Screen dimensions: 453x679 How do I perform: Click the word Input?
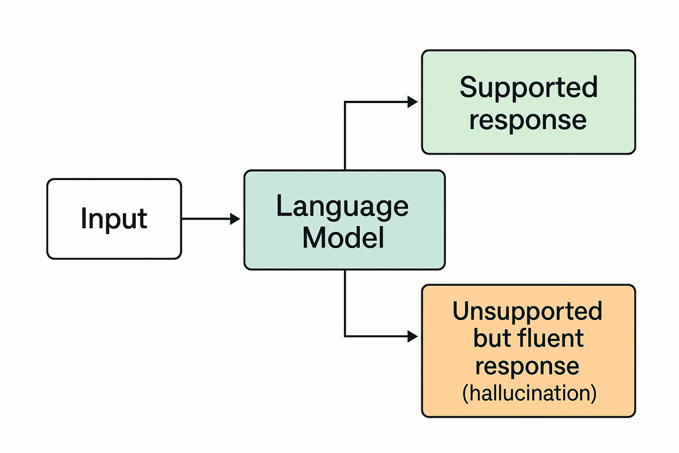click(x=114, y=220)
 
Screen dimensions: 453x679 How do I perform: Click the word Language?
click(x=342, y=207)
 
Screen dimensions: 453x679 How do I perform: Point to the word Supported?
click(x=528, y=88)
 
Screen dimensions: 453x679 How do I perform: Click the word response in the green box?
click(x=527, y=119)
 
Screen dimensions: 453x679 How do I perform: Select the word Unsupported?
click(x=527, y=311)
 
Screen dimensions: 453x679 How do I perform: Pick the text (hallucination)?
click(x=528, y=393)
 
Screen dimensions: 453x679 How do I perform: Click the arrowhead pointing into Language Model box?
click(x=235, y=219)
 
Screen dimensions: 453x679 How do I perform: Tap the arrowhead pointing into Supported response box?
click(x=412, y=102)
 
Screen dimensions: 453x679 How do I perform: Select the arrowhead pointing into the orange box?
click(x=412, y=336)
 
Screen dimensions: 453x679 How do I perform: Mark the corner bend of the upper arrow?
click(x=345, y=102)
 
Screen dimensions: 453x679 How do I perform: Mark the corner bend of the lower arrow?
click(x=345, y=336)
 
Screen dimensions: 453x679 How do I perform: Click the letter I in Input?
click(x=84, y=219)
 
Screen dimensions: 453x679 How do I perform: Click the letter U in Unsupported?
click(x=461, y=311)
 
